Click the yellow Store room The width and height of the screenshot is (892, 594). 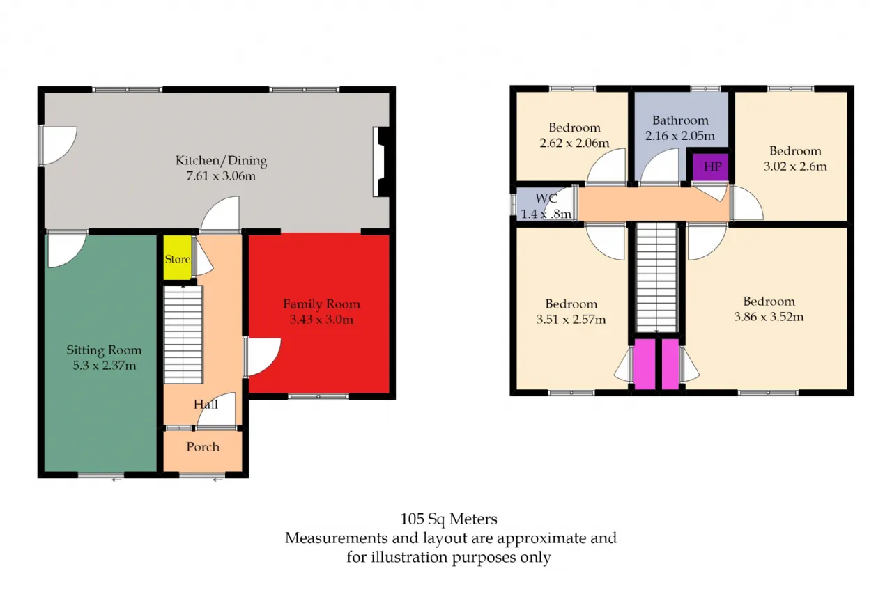point(178,258)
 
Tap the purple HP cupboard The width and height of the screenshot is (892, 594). point(710,166)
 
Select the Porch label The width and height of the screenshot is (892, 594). point(203,447)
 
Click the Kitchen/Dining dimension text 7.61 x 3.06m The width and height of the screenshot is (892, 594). point(221,175)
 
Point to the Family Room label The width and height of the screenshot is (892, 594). point(322,304)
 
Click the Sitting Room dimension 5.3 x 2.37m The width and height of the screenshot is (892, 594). point(105,365)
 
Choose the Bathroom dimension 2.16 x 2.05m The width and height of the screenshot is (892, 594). point(680,136)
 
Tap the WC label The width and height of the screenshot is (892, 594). point(546,198)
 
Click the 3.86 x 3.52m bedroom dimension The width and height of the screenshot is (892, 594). point(769,317)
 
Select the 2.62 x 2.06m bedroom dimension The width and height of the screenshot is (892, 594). point(574,143)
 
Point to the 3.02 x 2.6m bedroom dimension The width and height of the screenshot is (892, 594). point(795,166)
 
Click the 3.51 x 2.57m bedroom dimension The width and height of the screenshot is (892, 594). point(571,319)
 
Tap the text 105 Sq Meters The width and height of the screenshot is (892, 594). point(449,519)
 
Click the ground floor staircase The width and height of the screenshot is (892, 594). point(183,334)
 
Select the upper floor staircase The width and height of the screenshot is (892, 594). point(656,277)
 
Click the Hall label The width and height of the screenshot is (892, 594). point(206,404)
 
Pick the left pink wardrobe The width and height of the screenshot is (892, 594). point(645,364)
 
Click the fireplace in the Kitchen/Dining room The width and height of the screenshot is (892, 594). point(381,162)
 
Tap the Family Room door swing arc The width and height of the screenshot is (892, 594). point(271,362)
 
